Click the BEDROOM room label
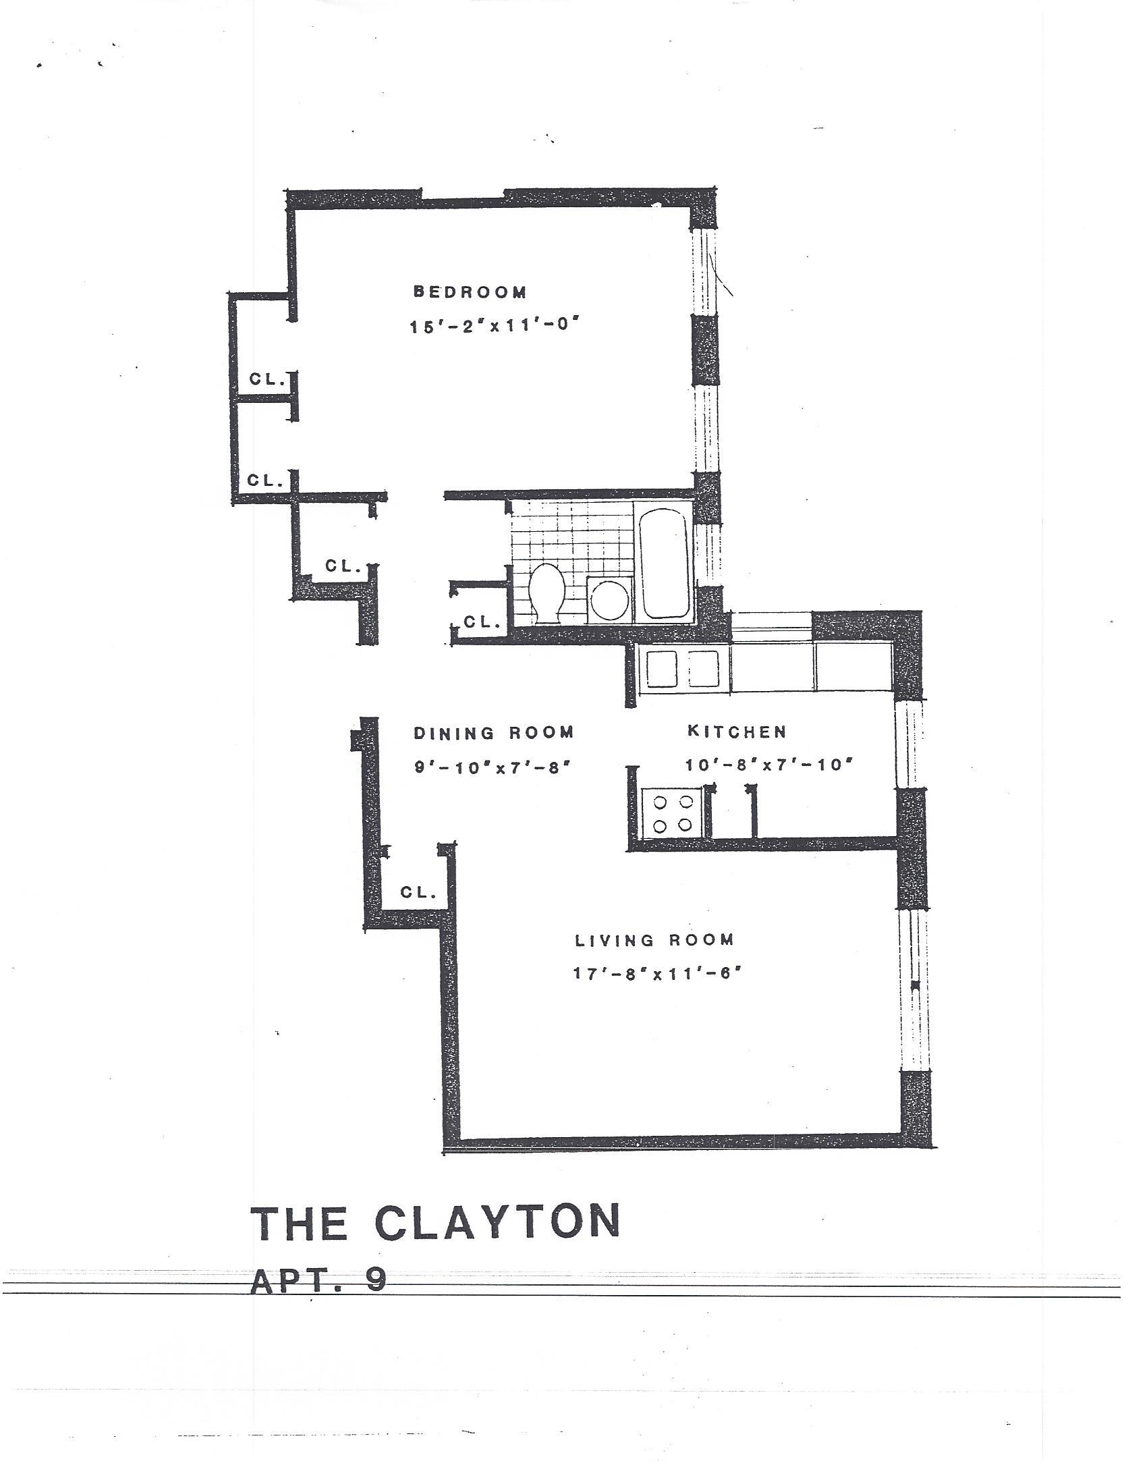470,292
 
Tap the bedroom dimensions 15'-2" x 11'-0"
495,326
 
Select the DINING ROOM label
493,732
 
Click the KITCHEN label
736,731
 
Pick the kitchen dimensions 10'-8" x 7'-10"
768,765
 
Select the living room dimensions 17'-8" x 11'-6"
654,974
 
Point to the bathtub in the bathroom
664,563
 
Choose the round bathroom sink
609,600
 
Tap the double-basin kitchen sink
683,669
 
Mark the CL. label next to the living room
418,892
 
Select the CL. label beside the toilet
481,622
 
